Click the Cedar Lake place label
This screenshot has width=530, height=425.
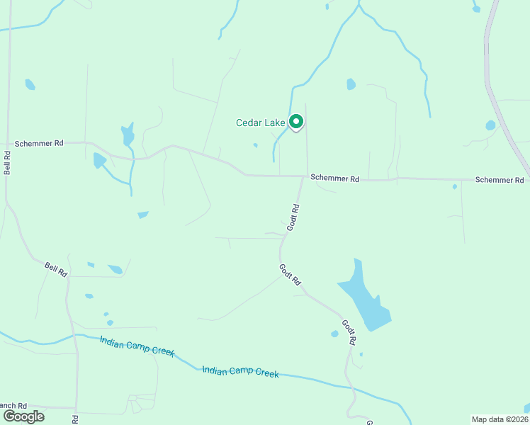point(260,123)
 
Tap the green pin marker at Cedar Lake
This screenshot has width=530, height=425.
point(296,123)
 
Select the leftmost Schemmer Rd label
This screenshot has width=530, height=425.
point(40,143)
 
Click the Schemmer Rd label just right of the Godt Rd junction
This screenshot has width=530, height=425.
point(335,178)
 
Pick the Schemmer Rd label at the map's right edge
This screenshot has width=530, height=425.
point(500,180)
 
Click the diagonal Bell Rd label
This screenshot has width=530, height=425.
point(56,268)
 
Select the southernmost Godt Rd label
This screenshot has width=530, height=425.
point(349,332)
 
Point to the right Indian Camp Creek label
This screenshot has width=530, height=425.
point(240,372)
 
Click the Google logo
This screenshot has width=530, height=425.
point(23,416)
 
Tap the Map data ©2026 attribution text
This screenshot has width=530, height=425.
point(500,419)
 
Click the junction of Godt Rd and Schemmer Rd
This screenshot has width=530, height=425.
point(303,176)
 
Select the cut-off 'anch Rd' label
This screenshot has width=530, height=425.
point(13,405)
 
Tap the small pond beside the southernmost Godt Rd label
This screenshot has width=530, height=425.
point(334,334)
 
